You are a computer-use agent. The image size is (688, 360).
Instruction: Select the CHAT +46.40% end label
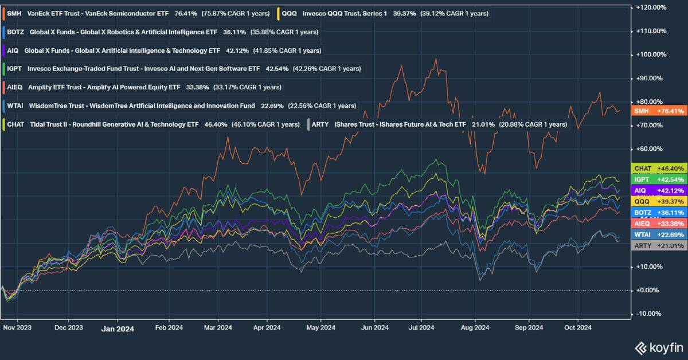coord(658,169)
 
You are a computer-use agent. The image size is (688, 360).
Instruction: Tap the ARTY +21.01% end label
coord(658,245)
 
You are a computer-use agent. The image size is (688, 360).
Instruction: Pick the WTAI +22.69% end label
coord(658,234)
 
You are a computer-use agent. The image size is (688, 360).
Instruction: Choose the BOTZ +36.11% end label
coord(658,212)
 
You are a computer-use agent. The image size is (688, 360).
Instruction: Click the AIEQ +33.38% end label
coord(658,223)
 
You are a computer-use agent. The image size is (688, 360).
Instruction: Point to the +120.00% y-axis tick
coord(651,7)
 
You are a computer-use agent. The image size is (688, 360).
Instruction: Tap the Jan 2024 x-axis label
coord(118,328)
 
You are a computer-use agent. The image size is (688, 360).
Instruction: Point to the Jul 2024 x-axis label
coord(421,328)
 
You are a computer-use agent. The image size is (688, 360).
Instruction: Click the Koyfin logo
coord(659,347)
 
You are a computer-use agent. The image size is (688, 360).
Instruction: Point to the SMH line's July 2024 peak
coord(437,58)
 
